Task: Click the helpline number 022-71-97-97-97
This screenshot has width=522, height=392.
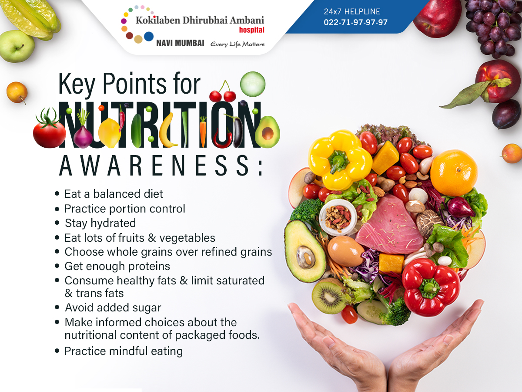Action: (x=355, y=22)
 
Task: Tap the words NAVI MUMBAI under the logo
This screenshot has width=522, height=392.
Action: (x=180, y=43)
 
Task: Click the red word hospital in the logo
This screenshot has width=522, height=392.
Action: (x=251, y=30)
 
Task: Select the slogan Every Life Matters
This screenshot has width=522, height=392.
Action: (x=238, y=44)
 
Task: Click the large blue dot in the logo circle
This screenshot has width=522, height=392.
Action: (x=149, y=37)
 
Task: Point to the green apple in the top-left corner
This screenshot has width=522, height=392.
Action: (x=17, y=46)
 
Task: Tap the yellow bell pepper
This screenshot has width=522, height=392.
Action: (x=340, y=159)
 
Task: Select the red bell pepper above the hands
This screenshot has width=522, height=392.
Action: (x=431, y=287)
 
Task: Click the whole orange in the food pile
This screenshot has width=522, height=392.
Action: (x=454, y=173)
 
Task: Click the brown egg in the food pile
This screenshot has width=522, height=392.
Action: (x=345, y=251)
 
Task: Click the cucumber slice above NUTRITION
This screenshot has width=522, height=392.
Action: (x=253, y=84)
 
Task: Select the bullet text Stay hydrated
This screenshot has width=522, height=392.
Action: (x=100, y=223)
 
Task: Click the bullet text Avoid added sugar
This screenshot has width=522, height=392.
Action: (x=113, y=308)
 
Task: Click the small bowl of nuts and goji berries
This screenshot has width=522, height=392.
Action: (x=338, y=217)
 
